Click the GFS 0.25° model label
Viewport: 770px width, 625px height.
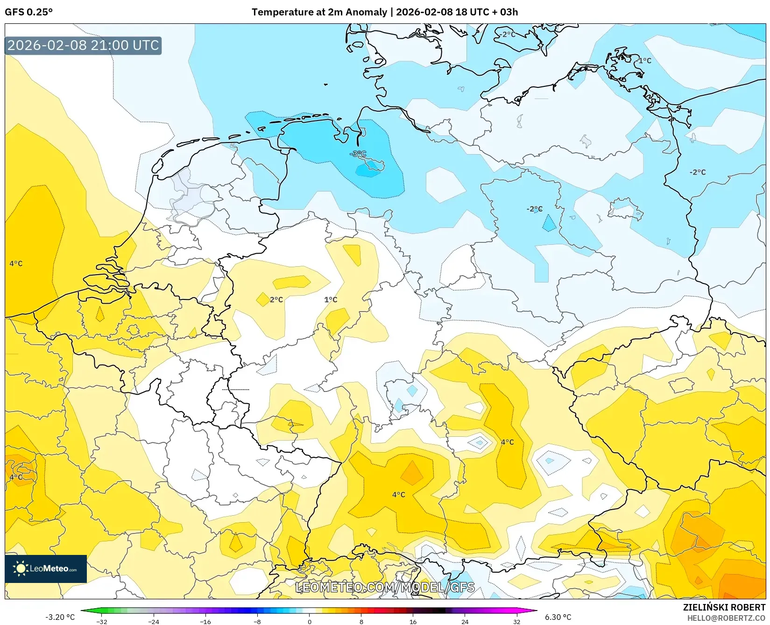[x=28, y=12]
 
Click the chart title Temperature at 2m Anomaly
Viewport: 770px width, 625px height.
[x=319, y=12]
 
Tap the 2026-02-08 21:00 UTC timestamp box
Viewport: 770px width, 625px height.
[x=83, y=45]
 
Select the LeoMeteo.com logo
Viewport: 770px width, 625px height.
[x=46, y=568]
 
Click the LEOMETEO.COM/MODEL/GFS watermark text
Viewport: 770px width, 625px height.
[x=385, y=587]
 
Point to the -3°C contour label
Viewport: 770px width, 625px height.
[x=358, y=154]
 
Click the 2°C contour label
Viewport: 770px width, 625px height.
[x=276, y=299]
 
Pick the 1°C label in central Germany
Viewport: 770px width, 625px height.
[x=331, y=299]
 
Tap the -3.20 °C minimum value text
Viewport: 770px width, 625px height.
[x=60, y=617]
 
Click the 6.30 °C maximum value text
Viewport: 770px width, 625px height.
[x=558, y=617]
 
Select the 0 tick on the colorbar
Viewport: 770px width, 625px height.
[x=309, y=621]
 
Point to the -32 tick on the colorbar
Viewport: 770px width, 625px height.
[x=102, y=621]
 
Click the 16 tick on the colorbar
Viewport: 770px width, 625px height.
[x=413, y=621]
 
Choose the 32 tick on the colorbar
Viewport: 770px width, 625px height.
[x=516, y=621]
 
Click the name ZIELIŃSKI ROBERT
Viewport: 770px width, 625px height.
[x=724, y=607]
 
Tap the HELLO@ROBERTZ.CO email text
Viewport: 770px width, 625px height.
[x=726, y=618]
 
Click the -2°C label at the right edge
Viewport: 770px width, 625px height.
[x=698, y=172]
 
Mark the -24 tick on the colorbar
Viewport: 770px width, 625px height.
[x=154, y=621]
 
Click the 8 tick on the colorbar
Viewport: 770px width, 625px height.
[x=361, y=621]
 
